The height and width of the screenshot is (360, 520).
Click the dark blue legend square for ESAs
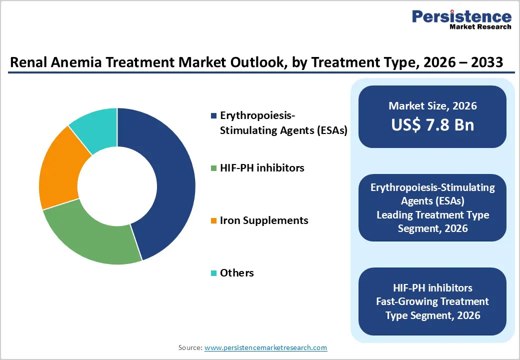click(214, 115)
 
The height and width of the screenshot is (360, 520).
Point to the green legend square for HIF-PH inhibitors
click(214, 168)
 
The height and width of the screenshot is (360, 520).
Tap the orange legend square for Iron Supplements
click(214, 221)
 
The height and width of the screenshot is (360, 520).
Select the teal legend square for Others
click(214, 273)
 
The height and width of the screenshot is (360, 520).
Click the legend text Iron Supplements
click(264, 220)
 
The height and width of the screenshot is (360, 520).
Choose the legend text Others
click(237, 273)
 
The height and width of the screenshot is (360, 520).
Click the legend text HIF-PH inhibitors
click(262, 168)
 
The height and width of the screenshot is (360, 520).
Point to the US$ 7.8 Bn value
click(432, 124)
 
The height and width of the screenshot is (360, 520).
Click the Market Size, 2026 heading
click(432, 106)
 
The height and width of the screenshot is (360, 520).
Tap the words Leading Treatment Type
click(432, 215)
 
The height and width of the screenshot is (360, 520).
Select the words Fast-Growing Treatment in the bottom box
click(432, 301)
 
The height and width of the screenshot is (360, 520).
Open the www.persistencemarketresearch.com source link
click(265, 347)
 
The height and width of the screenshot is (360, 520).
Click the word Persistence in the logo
click(461, 16)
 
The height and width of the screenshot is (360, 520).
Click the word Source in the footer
click(189, 347)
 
